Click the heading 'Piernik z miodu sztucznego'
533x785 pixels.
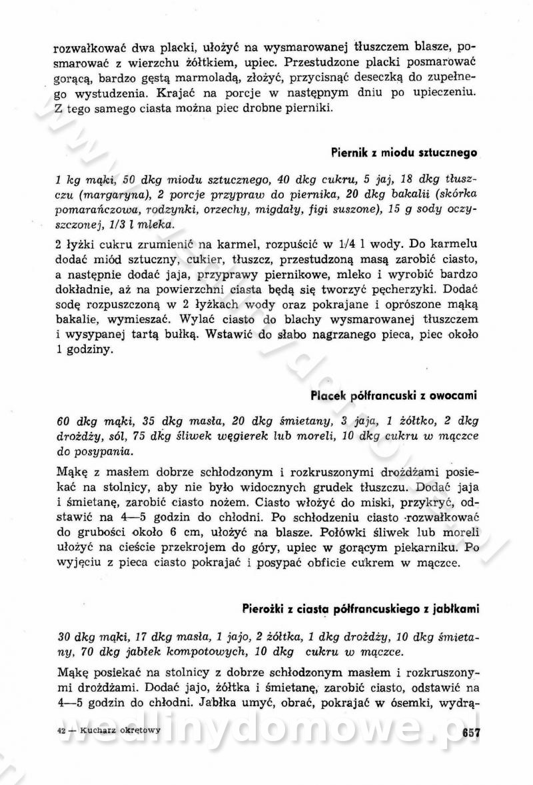404,152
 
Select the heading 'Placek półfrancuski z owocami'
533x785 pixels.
394,395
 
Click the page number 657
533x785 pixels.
471,731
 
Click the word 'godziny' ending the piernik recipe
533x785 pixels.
86,351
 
